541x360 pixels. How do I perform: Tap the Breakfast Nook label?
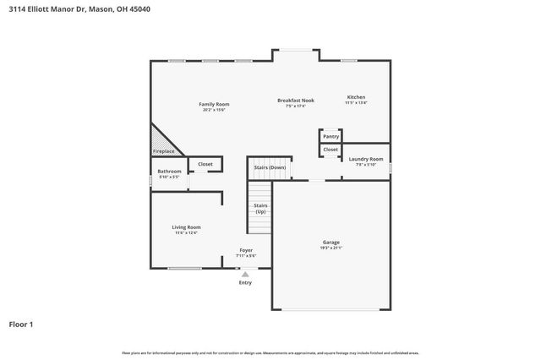[x=295, y=101]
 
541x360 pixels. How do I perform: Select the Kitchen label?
[x=355, y=97]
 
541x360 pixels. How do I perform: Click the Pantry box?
[x=331, y=136]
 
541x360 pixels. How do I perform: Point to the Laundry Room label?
[x=366, y=159]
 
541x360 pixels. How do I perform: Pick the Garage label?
[x=331, y=243]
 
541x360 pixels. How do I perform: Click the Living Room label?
[x=186, y=226]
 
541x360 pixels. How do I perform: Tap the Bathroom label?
[x=169, y=172]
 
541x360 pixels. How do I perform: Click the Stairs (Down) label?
[x=270, y=167]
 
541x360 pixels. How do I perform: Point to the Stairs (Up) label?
[x=261, y=208]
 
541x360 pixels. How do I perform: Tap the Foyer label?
[x=246, y=250]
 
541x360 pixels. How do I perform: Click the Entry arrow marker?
[x=245, y=274]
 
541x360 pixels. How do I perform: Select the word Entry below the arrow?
[x=245, y=282]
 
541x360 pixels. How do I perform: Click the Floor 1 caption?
[x=22, y=324]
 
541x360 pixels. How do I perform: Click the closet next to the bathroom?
[x=205, y=164]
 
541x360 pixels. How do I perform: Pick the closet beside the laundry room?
[x=331, y=150]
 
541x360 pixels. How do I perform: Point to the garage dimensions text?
[x=331, y=248]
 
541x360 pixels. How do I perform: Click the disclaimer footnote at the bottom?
[x=270, y=352]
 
